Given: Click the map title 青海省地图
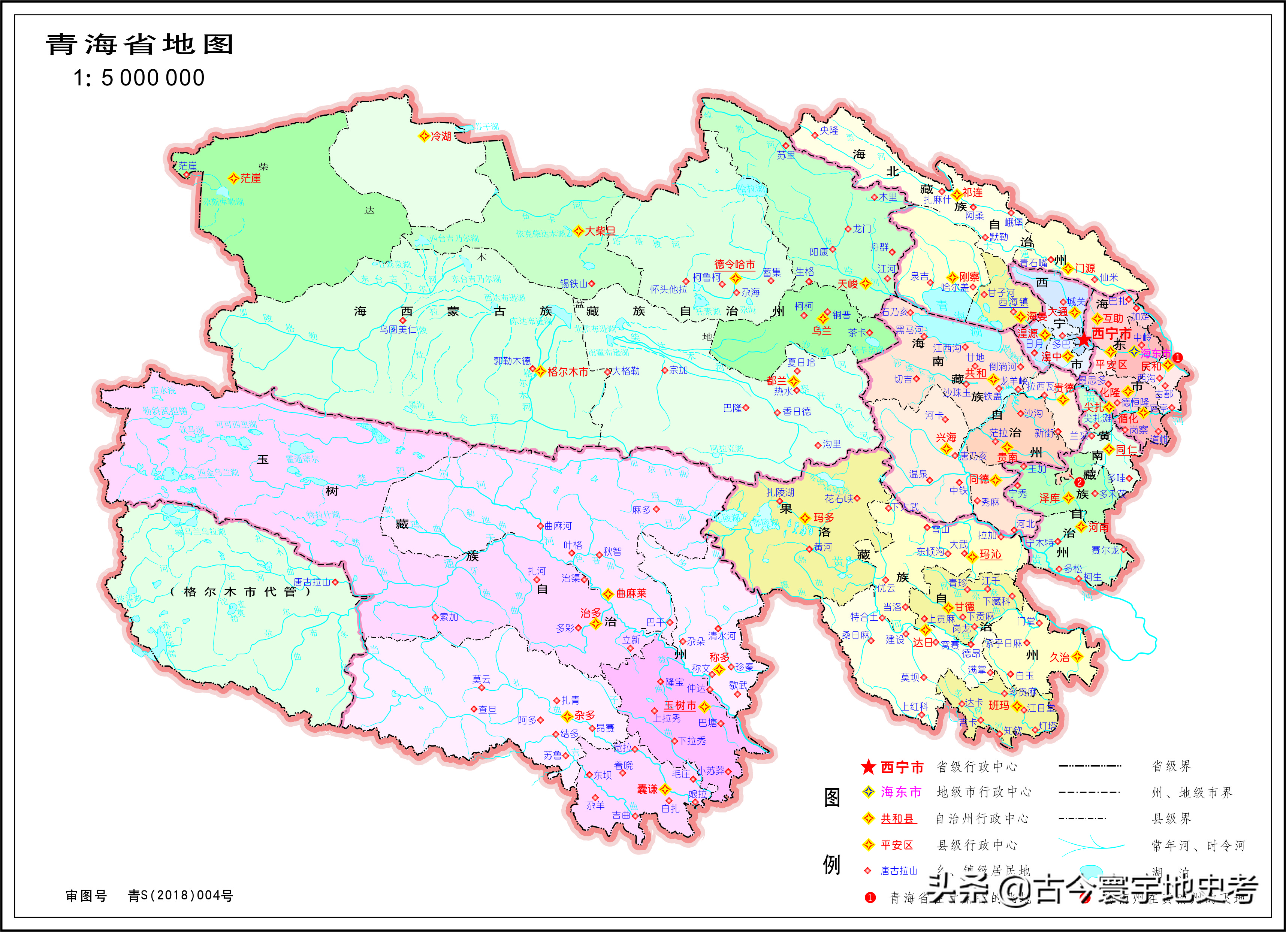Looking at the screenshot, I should coord(139,44).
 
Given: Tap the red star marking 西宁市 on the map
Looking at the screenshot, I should coord(1084,340).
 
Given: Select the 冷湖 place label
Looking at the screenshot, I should coord(441,136).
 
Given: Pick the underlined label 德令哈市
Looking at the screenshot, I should coord(734,264).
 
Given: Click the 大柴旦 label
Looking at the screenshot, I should coord(600,231).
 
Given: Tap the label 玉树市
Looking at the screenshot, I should coord(680,705).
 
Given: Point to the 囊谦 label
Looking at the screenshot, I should coord(647,789).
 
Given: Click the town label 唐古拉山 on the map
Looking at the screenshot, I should coord(312,582).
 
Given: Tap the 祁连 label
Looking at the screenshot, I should coord(972,193).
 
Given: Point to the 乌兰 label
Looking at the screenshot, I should coord(822,330).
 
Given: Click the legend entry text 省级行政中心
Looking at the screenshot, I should coord(977,767).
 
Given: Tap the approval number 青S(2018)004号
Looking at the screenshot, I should coord(180,896).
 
